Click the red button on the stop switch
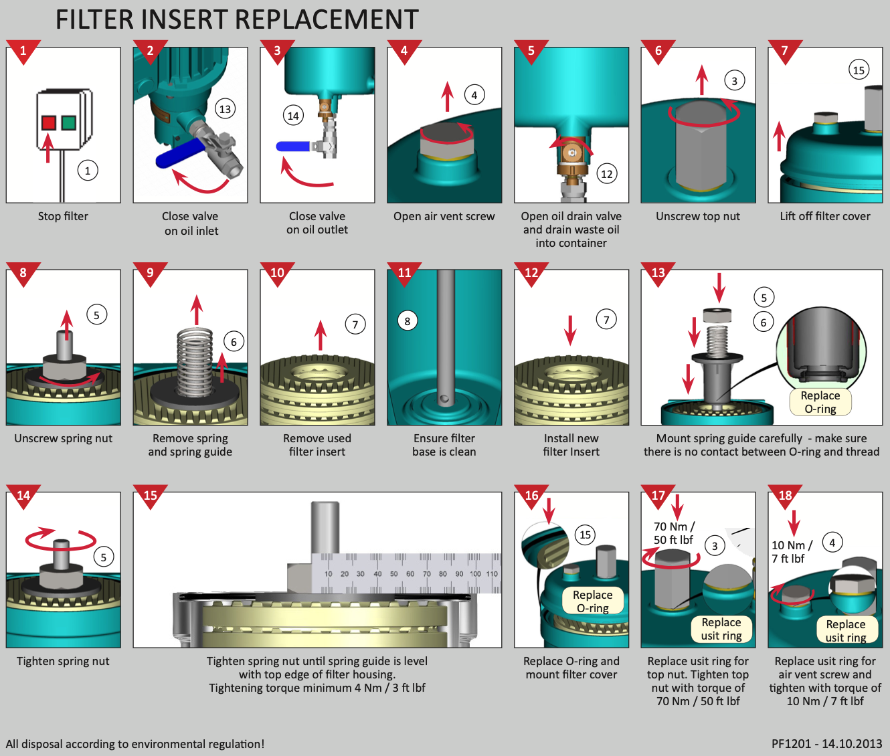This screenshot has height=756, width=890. click(48, 122)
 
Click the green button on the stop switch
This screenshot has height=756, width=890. click(68, 122)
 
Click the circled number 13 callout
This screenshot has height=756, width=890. click(225, 109)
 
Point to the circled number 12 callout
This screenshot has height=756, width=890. click(606, 174)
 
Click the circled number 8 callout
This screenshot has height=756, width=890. click(407, 321)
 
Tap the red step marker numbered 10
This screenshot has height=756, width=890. click(277, 273)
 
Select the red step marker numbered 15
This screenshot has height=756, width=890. click(150, 496)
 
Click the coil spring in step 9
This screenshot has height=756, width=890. click(195, 362)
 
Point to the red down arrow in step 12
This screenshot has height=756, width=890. click(570, 330)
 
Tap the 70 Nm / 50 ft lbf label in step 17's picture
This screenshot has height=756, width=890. click(674, 533)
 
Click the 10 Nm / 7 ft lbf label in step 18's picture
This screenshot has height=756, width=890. click(792, 552)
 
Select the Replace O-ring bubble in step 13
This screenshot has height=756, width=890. click(820, 402)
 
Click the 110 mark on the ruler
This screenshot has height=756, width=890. click(492, 574)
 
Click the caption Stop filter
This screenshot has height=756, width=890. click(63, 216)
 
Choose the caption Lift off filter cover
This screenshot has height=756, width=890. click(825, 216)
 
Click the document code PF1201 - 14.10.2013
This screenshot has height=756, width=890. click(826, 744)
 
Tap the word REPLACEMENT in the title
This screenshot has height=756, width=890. click(327, 20)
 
